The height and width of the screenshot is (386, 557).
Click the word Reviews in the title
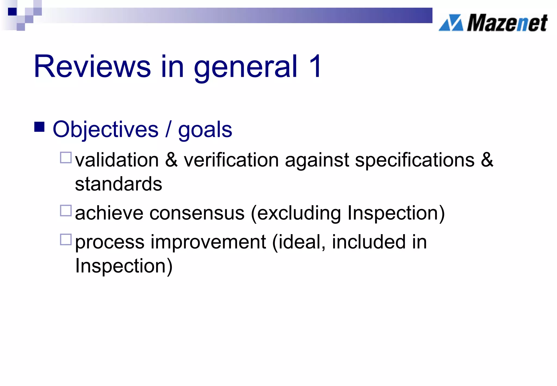pyautogui.click(x=92, y=67)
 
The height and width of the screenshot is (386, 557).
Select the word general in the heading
pyautogui.click(x=246, y=67)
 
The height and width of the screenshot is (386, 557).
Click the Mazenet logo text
pyautogui.click(x=507, y=23)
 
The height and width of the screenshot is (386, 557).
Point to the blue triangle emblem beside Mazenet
pyautogui.click(x=451, y=23)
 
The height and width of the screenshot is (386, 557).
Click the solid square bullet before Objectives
pyautogui.click(x=39, y=127)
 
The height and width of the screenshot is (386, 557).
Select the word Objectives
pyautogui.click(x=106, y=130)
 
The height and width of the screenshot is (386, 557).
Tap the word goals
pyautogui.click(x=205, y=131)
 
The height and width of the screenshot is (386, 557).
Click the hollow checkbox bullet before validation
pyautogui.click(x=66, y=158)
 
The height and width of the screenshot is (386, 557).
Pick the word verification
pyautogui.click(x=231, y=160)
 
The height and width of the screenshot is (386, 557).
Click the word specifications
pyautogui.click(x=415, y=161)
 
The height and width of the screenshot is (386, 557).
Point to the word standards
pyautogui.click(x=119, y=184)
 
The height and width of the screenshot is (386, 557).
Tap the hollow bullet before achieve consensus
pyautogui.click(x=66, y=211)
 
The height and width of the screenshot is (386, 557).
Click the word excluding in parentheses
pyautogui.click(x=299, y=214)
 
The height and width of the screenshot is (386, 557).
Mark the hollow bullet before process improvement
pyautogui.click(x=66, y=240)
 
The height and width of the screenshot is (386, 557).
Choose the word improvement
pyautogui.click(x=208, y=242)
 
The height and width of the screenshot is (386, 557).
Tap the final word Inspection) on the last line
pyautogui.click(x=124, y=266)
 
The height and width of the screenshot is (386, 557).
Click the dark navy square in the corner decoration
pyautogui.click(x=12, y=12)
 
